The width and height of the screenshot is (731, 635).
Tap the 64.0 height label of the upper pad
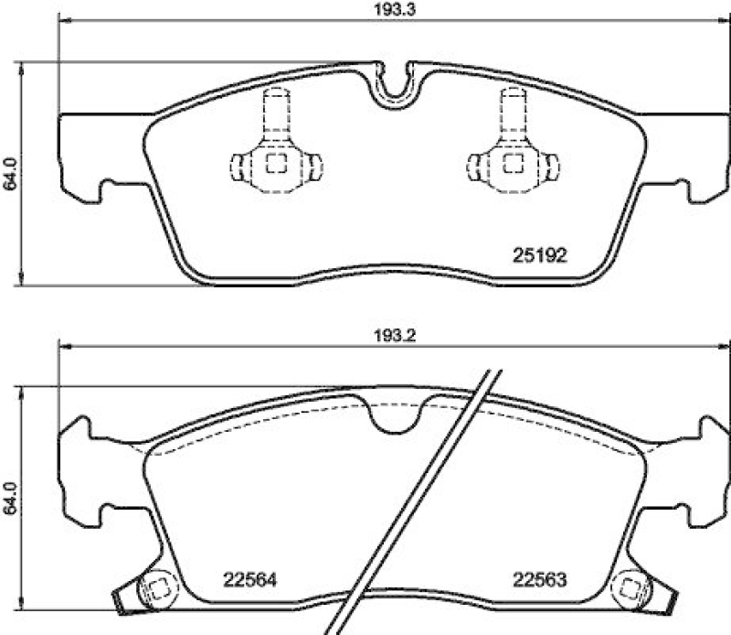tap(10, 173)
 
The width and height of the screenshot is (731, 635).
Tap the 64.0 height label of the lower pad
tap(10, 499)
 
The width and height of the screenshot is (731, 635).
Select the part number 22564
tap(249, 580)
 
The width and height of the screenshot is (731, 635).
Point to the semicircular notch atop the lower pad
tap(395, 416)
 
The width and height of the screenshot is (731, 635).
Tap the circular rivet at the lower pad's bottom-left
tap(156, 588)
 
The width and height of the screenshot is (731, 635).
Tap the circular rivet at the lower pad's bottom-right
tap(630, 588)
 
